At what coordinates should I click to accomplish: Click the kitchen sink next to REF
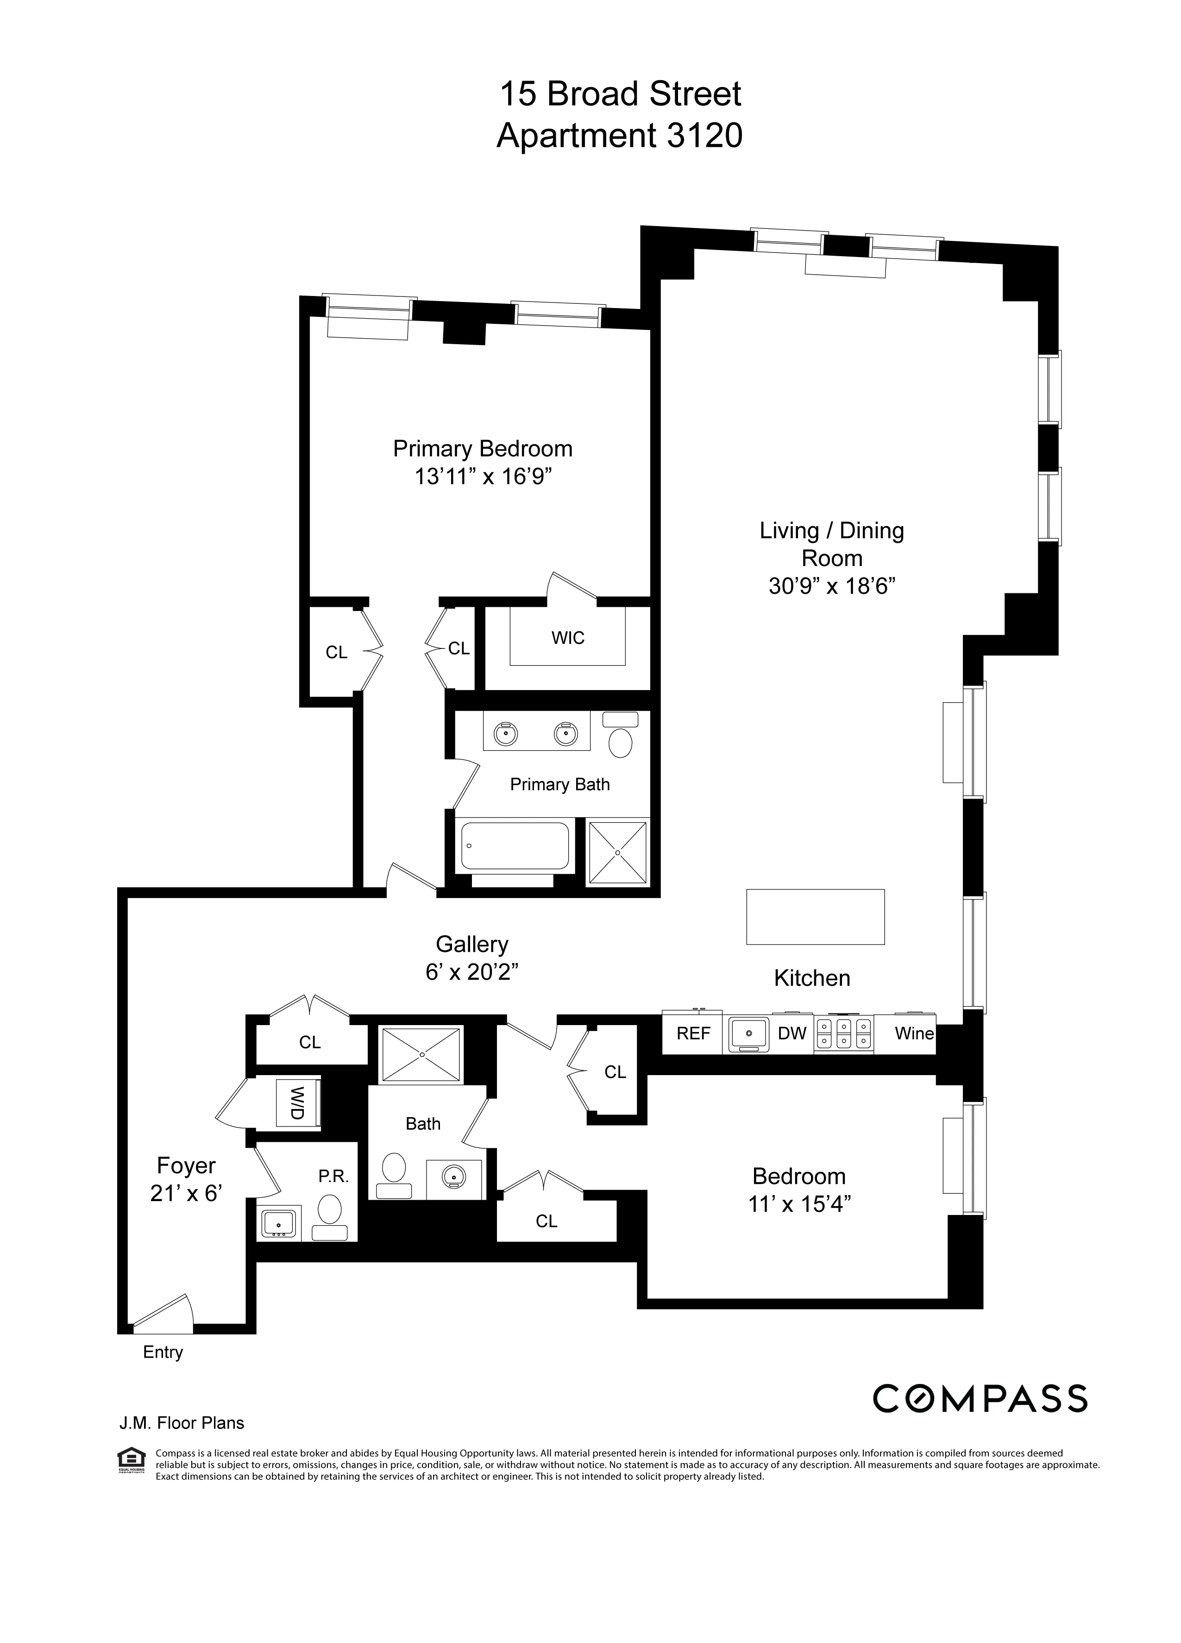coord(748,1034)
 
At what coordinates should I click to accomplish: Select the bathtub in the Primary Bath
coord(515,845)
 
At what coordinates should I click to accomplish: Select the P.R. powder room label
coord(334,1177)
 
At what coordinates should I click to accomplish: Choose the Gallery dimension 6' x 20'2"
coord(472,972)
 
